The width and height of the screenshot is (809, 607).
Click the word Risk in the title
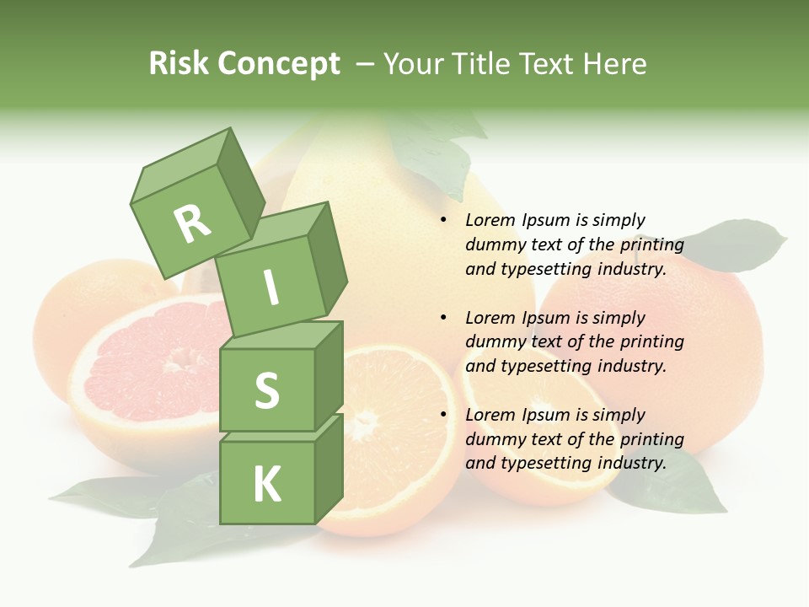click(x=179, y=64)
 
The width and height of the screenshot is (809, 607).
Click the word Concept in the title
click(x=278, y=64)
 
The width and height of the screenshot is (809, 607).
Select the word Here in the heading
click(x=614, y=64)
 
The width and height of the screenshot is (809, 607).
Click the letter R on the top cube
click(x=192, y=223)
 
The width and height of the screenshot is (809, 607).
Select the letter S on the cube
click(x=266, y=390)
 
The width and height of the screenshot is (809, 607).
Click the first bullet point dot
click(x=443, y=220)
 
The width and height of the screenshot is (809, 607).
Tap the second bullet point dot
click(x=443, y=318)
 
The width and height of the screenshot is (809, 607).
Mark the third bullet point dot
click(x=443, y=415)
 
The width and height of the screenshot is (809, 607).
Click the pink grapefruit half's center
click(x=174, y=364)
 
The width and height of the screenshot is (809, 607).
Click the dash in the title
click(x=365, y=64)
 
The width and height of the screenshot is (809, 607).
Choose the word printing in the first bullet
click(x=651, y=244)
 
